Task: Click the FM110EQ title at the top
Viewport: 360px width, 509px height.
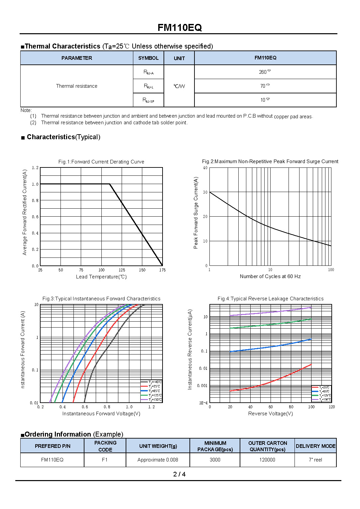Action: [x=180, y=28]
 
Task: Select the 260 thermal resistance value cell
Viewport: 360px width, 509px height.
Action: [x=265, y=72]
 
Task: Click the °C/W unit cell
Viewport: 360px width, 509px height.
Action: [x=179, y=86]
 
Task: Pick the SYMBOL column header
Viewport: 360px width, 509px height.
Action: [x=148, y=58]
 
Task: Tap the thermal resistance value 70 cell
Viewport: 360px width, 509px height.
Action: [x=265, y=86]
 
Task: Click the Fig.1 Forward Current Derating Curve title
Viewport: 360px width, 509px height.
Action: [x=101, y=162]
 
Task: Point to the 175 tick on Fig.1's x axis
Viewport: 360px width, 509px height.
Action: [x=162, y=270]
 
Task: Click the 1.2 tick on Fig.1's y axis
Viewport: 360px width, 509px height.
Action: [x=35, y=168]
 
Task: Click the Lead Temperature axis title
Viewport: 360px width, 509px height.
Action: [x=101, y=277]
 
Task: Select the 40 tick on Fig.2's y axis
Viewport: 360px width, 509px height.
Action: [x=205, y=168]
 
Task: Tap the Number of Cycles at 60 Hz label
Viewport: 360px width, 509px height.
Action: [x=270, y=276]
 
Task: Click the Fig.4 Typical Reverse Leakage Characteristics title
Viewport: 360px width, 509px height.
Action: [x=270, y=299]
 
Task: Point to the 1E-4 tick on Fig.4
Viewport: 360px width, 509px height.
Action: [x=203, y=403]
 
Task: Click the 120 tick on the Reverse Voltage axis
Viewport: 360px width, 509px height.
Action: [x=331, y=407]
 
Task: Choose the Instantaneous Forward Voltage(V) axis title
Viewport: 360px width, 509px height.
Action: [x=101, y=414]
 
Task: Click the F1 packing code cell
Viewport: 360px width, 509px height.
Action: [x=105, y=460]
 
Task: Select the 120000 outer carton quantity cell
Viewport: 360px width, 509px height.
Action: [x=267, y=460]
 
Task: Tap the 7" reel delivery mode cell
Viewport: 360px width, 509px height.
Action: [x=315, y=460]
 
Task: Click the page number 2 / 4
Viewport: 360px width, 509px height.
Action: [x=179, y=474]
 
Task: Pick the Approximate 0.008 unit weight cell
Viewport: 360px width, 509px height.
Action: [x=158, y=460]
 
